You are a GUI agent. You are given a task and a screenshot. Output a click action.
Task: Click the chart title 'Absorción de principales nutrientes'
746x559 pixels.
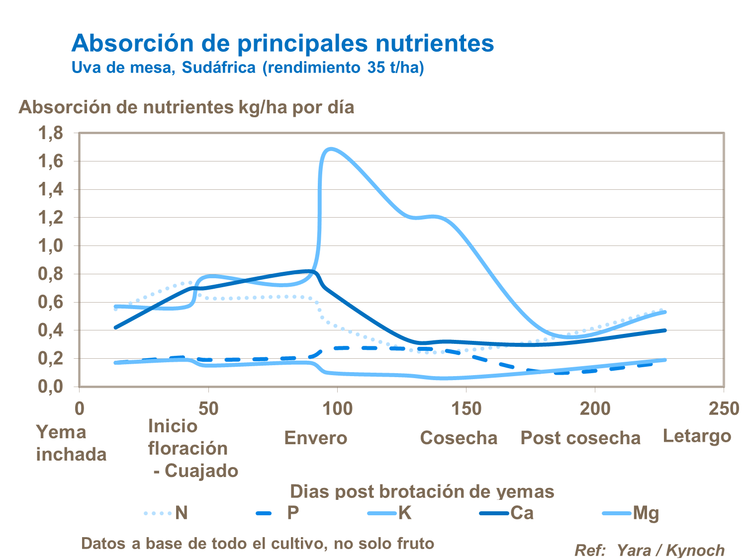click(282, 43)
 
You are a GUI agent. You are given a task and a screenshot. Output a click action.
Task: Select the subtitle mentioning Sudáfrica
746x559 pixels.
click(248, 67)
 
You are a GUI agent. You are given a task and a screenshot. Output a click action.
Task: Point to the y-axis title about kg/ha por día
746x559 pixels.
click(186, 107)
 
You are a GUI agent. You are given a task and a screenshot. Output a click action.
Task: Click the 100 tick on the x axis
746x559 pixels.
click(337, 409)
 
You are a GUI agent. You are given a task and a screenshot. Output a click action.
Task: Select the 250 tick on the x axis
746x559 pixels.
click(724, 409)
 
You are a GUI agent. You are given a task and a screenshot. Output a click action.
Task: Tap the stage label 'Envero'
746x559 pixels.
click(316, 438)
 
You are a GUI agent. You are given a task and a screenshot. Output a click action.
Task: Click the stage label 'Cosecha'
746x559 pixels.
click(459, 438)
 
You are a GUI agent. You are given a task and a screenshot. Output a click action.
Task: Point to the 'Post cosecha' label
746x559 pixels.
click(580, 438)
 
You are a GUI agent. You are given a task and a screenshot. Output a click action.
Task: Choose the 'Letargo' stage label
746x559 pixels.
click(697, 436)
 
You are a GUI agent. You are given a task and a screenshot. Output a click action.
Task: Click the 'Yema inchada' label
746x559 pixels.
click(71, 443)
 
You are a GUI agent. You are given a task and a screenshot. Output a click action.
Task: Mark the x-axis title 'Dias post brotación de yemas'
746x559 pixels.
click(422, 491)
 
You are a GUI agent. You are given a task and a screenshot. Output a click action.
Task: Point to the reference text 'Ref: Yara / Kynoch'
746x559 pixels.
click(649, 550)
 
